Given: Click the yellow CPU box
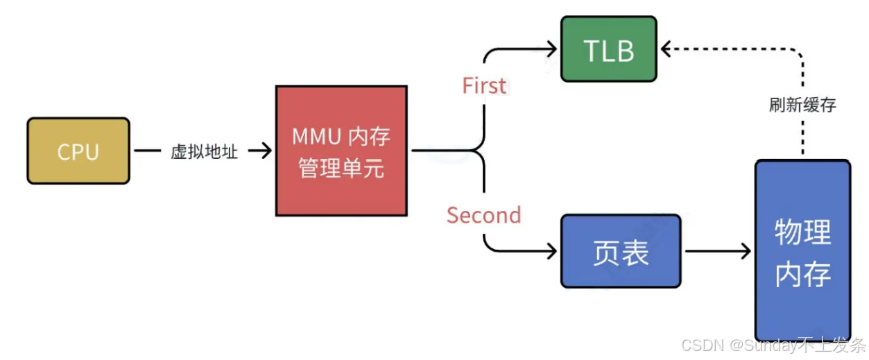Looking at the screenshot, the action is click(78, 151).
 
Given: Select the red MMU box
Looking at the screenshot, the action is click(341, 151).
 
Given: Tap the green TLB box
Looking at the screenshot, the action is click(609, 49).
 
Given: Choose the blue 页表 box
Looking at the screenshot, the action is click(621, 251).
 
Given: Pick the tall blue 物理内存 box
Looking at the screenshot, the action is click(802, 250).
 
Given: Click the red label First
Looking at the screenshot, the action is click(484, 85).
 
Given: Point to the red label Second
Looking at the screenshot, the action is click(484, 215).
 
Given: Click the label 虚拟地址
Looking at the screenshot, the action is click(204, 151).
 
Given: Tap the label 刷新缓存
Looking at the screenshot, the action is click(802, 105).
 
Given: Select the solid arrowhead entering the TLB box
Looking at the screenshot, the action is click(551, 49).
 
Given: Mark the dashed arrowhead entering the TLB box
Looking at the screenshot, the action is click(666, 49).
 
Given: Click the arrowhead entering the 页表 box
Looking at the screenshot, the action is click(551, 251).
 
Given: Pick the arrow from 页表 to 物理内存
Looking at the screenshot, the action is click(718, 251).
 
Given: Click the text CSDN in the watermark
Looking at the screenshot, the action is click(702, 345).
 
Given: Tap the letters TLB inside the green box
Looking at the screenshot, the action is click(609, 51).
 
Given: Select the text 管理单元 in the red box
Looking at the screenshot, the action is click(341, 168).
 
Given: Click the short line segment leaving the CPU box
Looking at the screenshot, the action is click(148, 151).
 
